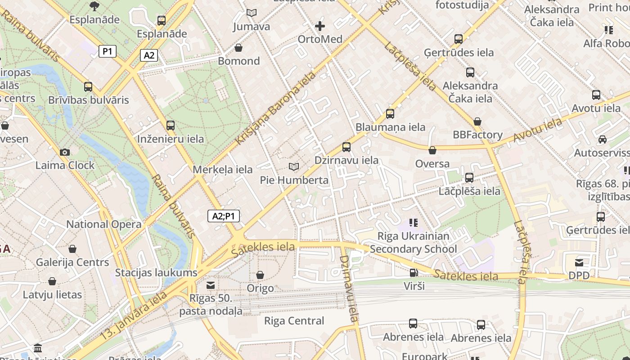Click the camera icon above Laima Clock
[65, 152]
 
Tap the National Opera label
[104, 224]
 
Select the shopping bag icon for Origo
[260, 274]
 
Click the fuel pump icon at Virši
[414, 272]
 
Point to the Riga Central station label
[294, 321]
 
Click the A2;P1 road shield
[224, 216]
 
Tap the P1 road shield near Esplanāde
[108, 51]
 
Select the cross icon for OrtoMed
[320, 26]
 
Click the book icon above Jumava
[252, 13]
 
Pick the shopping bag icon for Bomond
[238, 48]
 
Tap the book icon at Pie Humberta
[294, 167]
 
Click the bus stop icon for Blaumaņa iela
[390, 114]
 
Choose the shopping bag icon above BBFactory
[477, 121]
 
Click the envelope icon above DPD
[579, 262]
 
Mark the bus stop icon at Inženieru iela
[171, 126]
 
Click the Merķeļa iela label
[222, 170]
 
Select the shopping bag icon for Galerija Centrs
[72, 249]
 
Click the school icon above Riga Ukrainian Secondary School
[414, 222]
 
